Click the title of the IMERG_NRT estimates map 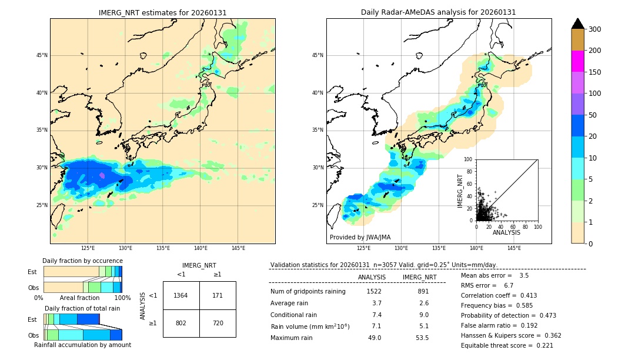click(x=162, y=12)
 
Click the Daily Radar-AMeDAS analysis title click(x=438, y=12)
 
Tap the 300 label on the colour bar click(x=594, y=29)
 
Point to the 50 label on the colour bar click(x=593, y=115)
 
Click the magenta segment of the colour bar click(x=577, y=61)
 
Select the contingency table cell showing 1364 click(x=181, y=295)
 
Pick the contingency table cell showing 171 click(x=218, y=295)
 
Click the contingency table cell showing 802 click(x=181, y=324)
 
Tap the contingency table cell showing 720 click(x=218, y=324)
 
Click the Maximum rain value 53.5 click(x=422, y=338)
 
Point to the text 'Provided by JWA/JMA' click(x=360, y=237)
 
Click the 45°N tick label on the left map click(x=42, y=55)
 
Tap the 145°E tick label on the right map click(x=514, y=248)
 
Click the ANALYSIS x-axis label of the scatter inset click(x=506, y=232)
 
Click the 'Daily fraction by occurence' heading click(x=82, y=261)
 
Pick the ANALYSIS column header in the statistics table click(x=372, y=277)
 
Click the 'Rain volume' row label click(x=310, y=326)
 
